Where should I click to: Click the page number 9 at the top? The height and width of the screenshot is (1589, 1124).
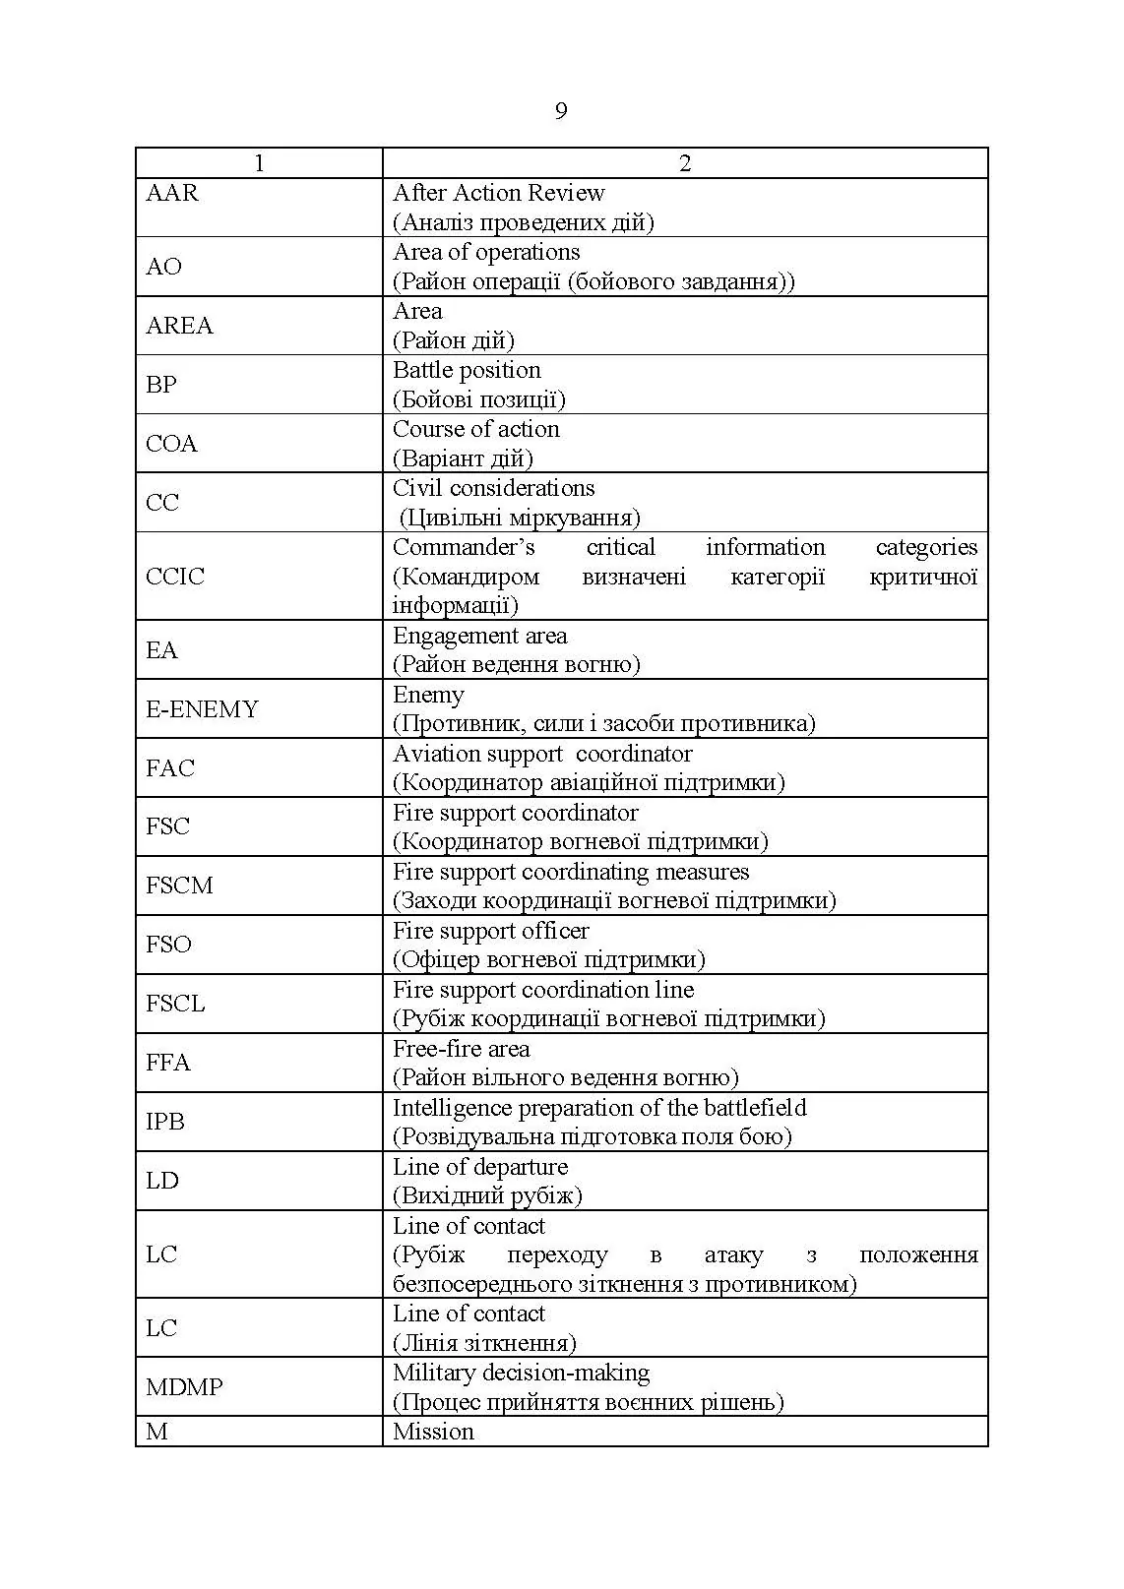561,111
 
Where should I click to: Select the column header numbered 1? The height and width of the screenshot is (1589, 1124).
259,163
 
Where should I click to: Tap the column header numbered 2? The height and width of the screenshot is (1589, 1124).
685,163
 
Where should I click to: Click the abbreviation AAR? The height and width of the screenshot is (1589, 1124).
172,193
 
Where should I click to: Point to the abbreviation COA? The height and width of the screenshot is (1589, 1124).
172,444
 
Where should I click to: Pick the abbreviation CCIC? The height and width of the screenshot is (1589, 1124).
175,577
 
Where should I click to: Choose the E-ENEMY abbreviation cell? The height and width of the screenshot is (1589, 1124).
202,709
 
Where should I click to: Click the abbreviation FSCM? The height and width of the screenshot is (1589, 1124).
179,886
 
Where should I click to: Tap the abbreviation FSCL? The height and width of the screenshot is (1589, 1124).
175,1004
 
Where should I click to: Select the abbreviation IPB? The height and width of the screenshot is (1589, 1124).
165,1122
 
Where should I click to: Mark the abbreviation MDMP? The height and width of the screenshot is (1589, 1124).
184,1387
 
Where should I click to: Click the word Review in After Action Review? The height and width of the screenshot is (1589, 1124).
566,193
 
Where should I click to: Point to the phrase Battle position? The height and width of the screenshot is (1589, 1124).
467,370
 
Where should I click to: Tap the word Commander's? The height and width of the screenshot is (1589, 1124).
464,547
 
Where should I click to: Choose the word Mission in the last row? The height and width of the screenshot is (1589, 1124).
433,1432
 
